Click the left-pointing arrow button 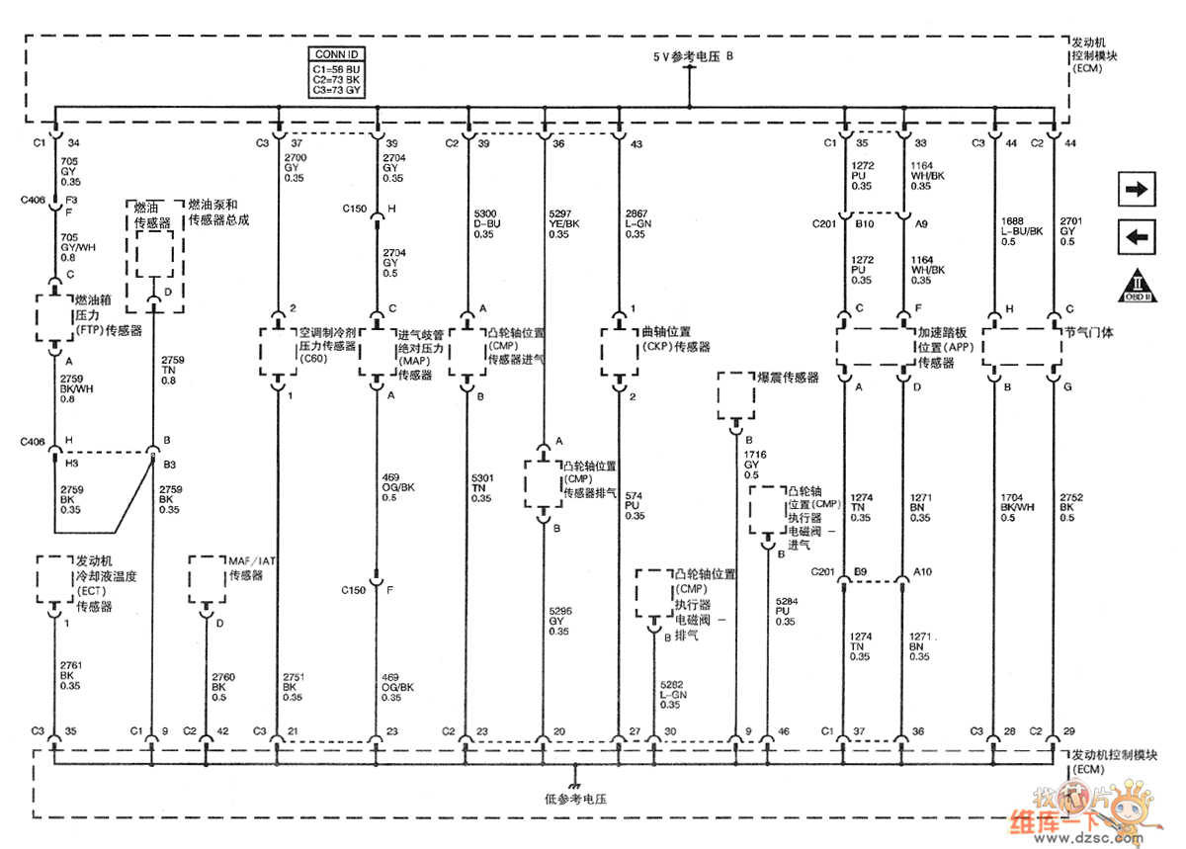pyautogui.click(x=1140, y=237)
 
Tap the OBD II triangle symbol pyautogui.click(x=1140, y=287)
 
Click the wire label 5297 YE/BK pyautogui.click(x=565, y=223)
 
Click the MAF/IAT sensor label pyautogui.click(x=252, y=568)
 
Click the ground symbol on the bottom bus pyautogui.click(x=574, y=771)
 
